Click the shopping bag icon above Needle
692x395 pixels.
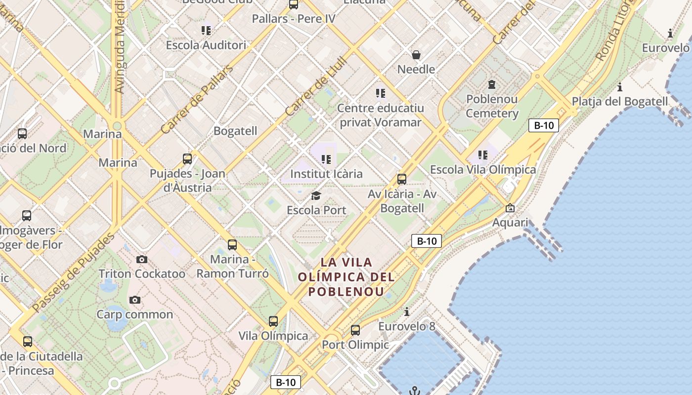(416, 54)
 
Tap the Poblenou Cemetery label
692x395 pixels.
(492, 106)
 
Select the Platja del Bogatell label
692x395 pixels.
(620, 101)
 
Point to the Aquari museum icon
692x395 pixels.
(510, 208)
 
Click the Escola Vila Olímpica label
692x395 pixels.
(483, 169)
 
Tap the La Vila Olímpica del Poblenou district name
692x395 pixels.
(346, 276)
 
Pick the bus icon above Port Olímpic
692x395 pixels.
(355, 330)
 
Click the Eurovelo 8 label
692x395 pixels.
(407, 326)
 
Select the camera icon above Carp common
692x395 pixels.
(134, 300)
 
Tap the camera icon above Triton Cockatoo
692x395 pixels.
(141, 259)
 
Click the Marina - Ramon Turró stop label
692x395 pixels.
(232, 266)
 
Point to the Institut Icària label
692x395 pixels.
(326, 174)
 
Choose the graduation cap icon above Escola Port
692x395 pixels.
(316, 196)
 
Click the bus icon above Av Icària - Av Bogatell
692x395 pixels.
(402, 179)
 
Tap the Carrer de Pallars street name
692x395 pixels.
(197, 100)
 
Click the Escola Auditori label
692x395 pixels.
(206, 45)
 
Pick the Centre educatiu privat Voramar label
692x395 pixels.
(380, 115)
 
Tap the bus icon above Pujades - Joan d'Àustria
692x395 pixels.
(187, 158)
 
